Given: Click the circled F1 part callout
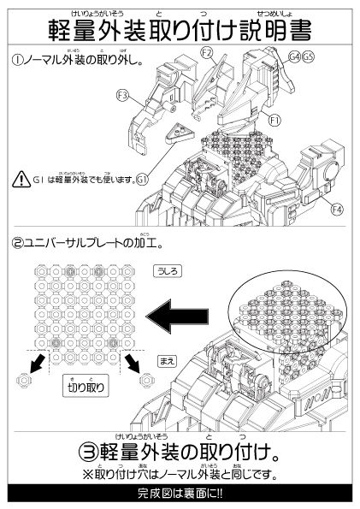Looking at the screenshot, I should pyautogui.click(x=274, y=121).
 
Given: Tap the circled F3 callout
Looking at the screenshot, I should pyautogui.click(x=122, y=95).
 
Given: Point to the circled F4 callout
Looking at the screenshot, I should pyautogui.click(x=337, y=209).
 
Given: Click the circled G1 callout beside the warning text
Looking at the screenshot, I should pyautogui.click(x=143, y=179).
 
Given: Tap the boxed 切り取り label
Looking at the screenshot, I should pyautogui.click(x=86, y=387).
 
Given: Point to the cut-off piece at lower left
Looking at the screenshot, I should pyautogui.click(x=26, y=378).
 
